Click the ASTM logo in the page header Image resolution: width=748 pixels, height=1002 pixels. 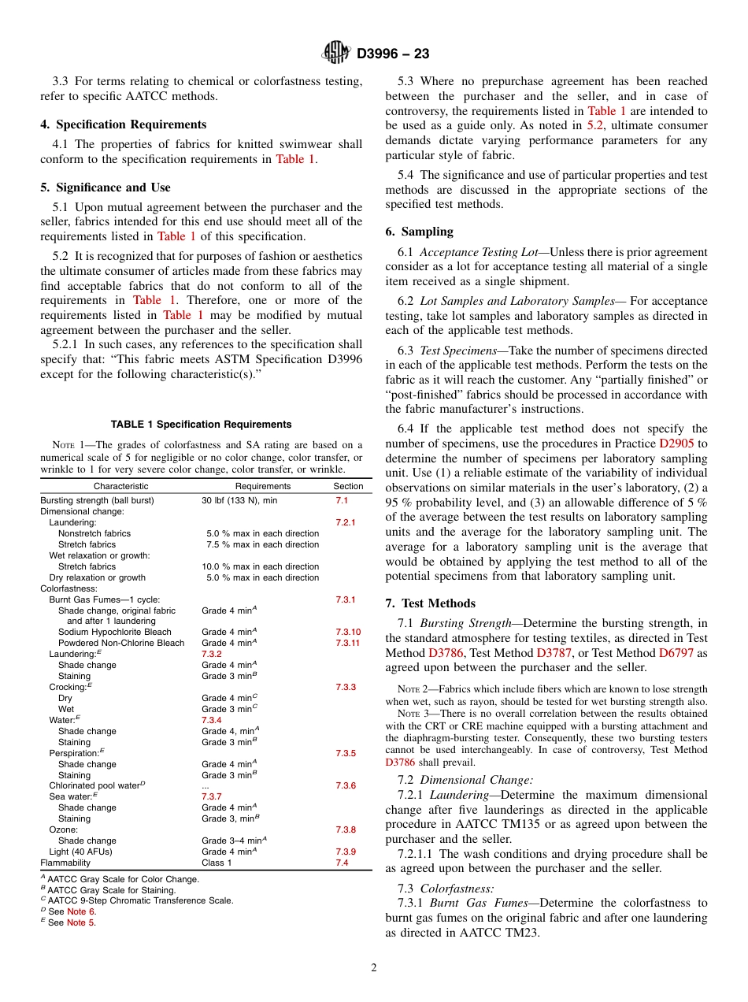point(337,53)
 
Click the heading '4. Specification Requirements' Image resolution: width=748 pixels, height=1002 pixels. point(124,124)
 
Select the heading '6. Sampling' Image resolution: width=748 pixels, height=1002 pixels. point(420,232)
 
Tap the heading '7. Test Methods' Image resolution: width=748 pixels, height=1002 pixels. point(430,603)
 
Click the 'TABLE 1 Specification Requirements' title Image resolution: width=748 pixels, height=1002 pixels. point(202,424)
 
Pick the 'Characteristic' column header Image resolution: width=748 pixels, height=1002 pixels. point(120,486)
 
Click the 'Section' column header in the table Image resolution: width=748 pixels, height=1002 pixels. point(348,486)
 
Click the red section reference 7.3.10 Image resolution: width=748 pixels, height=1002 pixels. point(348,632)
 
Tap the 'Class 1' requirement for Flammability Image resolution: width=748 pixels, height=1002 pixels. point(217,863)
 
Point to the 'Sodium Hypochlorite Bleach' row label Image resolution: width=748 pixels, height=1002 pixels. point(114,632)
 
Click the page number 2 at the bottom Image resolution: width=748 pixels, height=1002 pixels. point(374,968)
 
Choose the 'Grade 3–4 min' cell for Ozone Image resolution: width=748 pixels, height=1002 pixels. point(234,841)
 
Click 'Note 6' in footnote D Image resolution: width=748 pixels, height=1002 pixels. point(81,911)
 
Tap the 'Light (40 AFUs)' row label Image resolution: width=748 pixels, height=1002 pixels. point(80,852)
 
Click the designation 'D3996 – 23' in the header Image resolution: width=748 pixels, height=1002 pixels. point(393,54)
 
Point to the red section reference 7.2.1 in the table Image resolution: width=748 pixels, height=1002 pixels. point(346,522)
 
